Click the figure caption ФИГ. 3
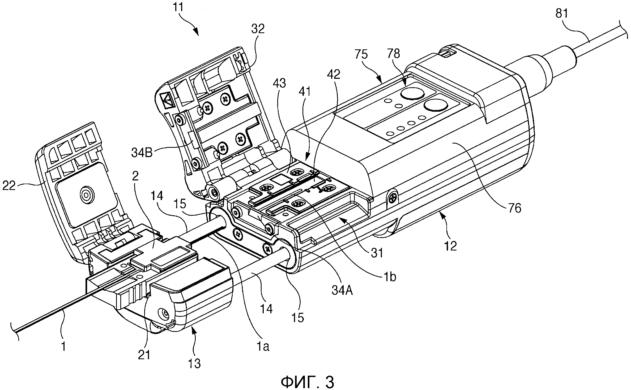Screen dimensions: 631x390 click(x=307, y=381)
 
